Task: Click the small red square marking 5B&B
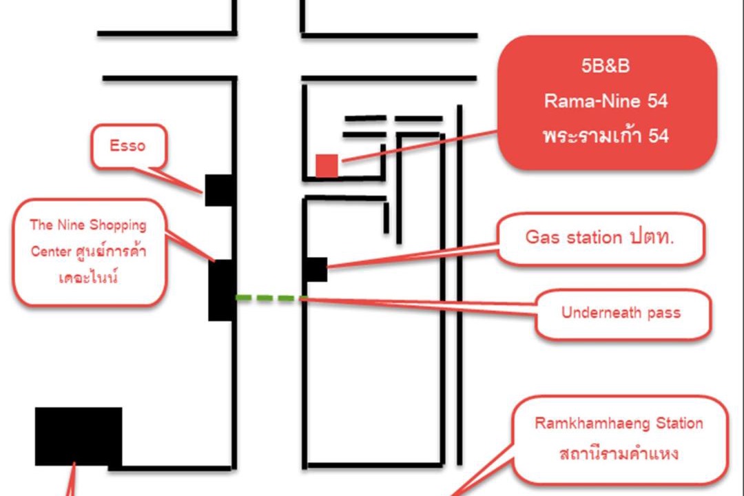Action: click(327, 166)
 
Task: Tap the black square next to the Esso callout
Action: click(219, 190)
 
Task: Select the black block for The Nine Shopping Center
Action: click(222, 290)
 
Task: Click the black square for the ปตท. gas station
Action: click(316, 269)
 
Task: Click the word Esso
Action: click(128, 146)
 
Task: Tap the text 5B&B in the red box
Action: click(606, 68)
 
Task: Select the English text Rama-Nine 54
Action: click(606, 101)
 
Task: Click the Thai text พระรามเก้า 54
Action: click(606, 136)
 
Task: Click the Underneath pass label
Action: click(621, 313)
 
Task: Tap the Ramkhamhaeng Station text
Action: click(619, 423)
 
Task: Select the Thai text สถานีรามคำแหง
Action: click(619, 454)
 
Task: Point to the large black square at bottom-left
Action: click(79, 437)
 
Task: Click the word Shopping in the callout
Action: click(117, 225)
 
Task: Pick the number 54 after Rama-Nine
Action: click(657, 101)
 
